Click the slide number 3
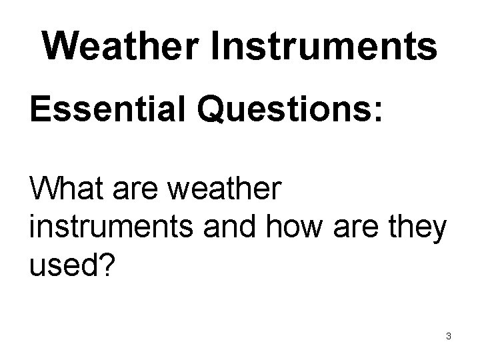449,336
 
